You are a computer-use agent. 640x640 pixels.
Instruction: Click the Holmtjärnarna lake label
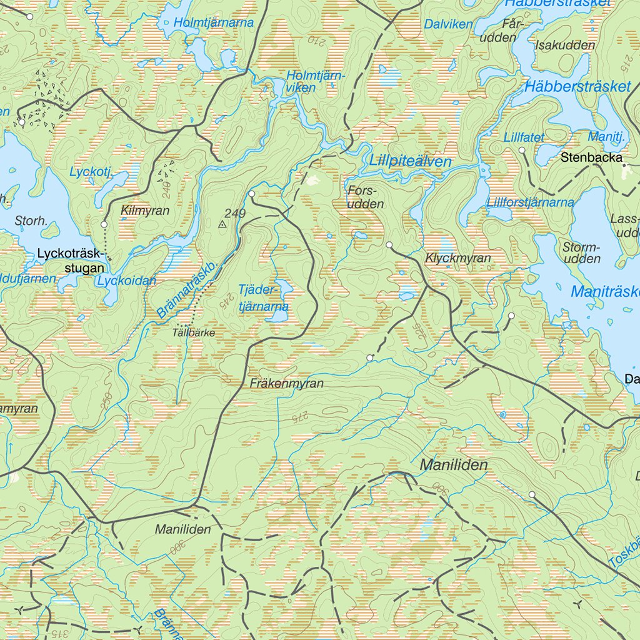click(214, 22)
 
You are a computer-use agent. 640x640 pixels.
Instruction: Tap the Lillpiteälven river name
click(410, 161)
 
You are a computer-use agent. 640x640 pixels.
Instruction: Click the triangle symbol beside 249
click(222, 223)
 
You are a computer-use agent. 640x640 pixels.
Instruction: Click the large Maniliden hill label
click(454, 465)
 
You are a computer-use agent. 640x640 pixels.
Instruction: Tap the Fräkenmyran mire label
click(287, 383)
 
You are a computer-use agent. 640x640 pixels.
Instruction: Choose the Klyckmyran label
click(457, 257)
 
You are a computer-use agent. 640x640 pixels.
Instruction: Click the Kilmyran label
click(145, 211)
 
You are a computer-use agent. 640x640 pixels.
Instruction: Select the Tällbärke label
click(194, 333)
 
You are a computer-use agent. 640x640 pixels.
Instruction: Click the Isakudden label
click(565, 45)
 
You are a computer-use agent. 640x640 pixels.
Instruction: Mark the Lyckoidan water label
click(127, 281)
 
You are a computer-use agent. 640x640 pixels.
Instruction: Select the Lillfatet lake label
click(524, 137)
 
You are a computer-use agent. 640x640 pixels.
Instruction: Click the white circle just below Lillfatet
click(522, 151)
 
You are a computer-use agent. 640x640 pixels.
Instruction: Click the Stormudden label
click(581, 252)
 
